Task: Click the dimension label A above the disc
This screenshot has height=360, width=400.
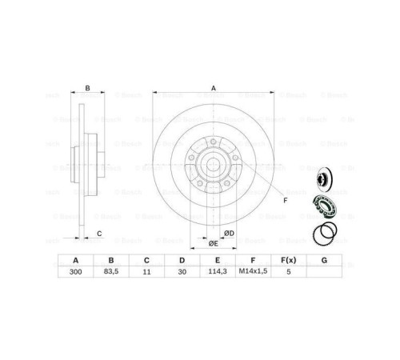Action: point(213,88)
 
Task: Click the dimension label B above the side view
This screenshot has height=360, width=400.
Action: point(87,88)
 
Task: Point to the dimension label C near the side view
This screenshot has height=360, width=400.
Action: point(98,233)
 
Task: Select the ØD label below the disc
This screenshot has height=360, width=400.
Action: point(229,233)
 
